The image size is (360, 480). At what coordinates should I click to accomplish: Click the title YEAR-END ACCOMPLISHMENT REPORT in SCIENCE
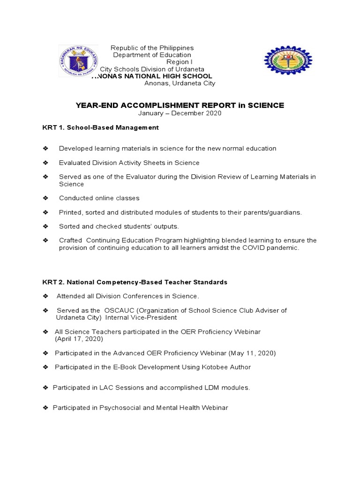pyautogui.click(x=180, y=105)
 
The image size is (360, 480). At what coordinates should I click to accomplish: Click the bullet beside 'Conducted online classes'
pyautogui.click(x=45, y=198)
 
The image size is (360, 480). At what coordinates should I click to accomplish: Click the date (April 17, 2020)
pyautogui.click(x=79, y=338)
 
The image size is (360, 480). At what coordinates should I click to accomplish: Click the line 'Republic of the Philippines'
pyautogui.click(x=151, y=48)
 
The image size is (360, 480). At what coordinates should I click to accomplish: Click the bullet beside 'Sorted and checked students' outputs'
pyautogui.click(x=45, y=226)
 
